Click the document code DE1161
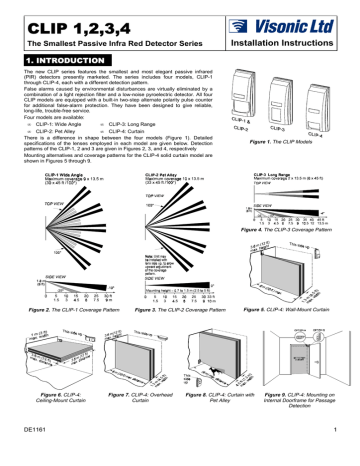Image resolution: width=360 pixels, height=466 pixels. coord(29,452)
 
